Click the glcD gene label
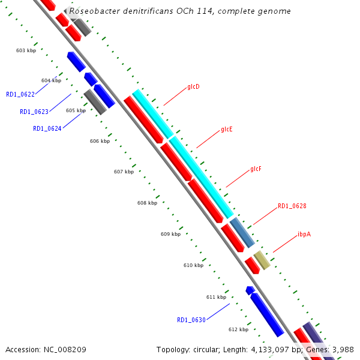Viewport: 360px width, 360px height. pyautogui.click(x=193, y=87)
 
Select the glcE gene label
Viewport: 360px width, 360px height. pyautogui.click(x=226, y=129)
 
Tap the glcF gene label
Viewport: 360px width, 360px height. pyautogui.click(x=256, y=169)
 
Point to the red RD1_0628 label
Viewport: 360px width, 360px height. pyautogui.click(x=292, y=206)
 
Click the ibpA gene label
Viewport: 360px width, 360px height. pyautogui.click(x=304, y=234)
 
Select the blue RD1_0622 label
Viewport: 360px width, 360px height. pyautogui.click(x=20, y=94)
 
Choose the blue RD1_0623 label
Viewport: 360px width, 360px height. pyautogui.click(x=34, y=112)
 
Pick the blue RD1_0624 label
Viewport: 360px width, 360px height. pyautogui.click(x=47, y=128)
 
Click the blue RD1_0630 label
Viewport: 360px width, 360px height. pyautogui.click(x=191, y=320)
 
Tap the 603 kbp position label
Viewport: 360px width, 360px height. pyautogui.click(x=26, y=50)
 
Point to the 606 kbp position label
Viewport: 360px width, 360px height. pyautogui.click(x=100, y=141)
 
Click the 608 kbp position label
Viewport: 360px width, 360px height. pyautogui.click(x=147, y=203)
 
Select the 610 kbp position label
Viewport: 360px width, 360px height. pyautogui.click(x=193, y=265)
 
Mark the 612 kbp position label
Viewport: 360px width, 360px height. pyautogui.click(x=238, y=329)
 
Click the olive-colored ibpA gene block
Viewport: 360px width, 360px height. pyautogui.click(x=262, y=260)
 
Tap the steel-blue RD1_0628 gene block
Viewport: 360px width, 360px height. pyautogui.click(x=242, y=233)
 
